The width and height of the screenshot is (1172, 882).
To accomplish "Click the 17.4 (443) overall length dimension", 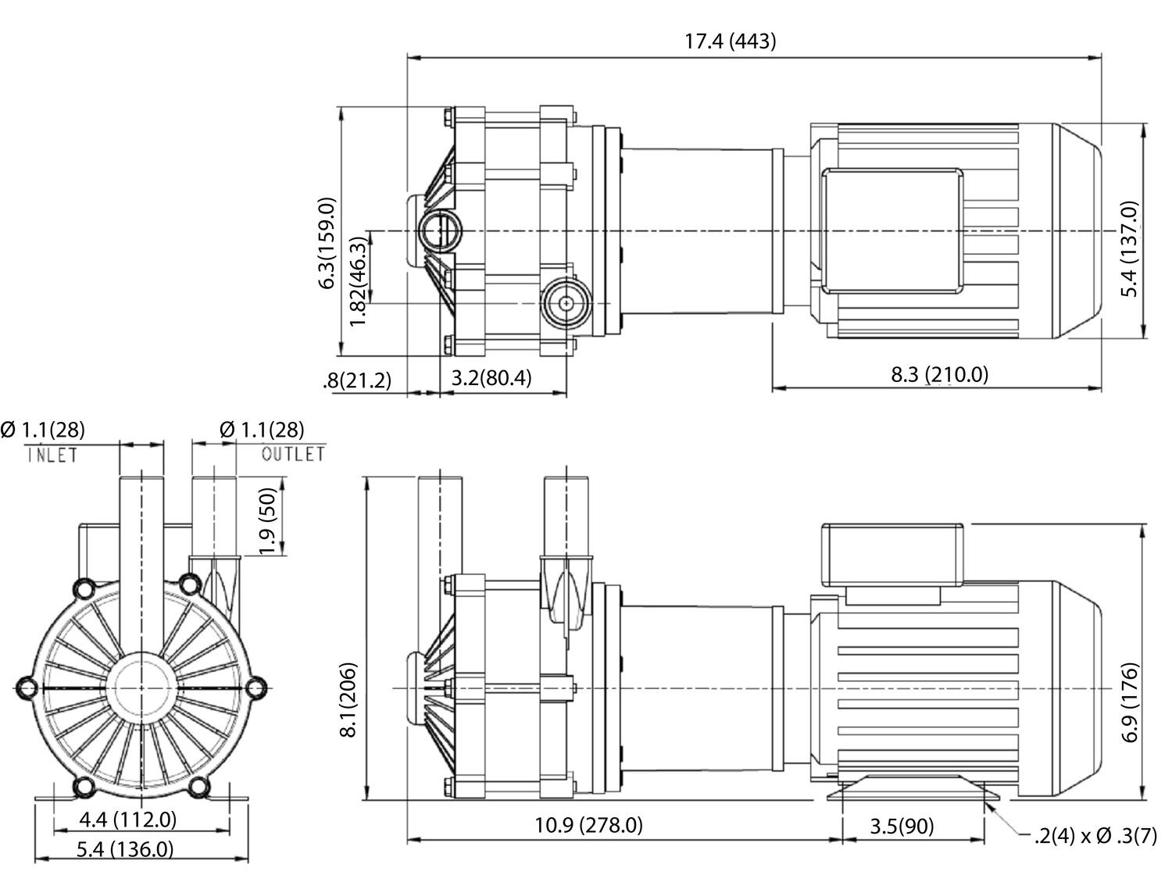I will (731, 41).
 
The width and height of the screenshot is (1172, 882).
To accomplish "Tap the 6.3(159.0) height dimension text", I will (327, 242).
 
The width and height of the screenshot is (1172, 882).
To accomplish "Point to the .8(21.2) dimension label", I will (356, 380).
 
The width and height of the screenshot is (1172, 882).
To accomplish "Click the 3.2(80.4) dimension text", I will (491, 378).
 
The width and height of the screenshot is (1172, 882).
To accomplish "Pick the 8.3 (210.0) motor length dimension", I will (939, 374).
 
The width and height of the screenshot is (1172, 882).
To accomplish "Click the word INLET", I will (52, 455).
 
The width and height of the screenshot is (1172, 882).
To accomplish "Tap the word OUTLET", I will (292, 454).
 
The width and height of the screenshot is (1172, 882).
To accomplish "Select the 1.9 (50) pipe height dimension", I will (269, 522).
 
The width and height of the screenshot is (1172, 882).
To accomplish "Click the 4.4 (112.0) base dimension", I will (128, 820).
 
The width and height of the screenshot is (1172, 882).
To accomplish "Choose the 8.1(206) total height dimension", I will (348, 699).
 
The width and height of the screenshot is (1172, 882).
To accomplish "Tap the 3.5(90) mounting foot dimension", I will (902, 826).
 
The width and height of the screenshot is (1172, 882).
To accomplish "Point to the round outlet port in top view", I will (563, 303).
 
